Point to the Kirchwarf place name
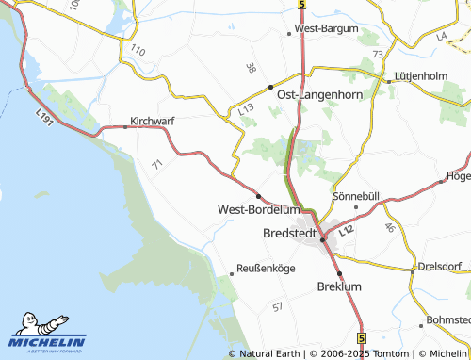(x=153, y=122)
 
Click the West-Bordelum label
(x=258, y=209)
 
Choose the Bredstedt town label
(x=289, y=232)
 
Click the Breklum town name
(x=340, y=286)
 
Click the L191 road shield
(x=43, y=114)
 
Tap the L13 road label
(x=247, y=110)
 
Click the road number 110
(x=138, y=49)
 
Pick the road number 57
(x=277, y=307)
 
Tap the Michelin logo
(x=47, y=335)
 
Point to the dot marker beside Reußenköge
(x=232, y=273)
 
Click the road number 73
(x=378, y=55)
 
